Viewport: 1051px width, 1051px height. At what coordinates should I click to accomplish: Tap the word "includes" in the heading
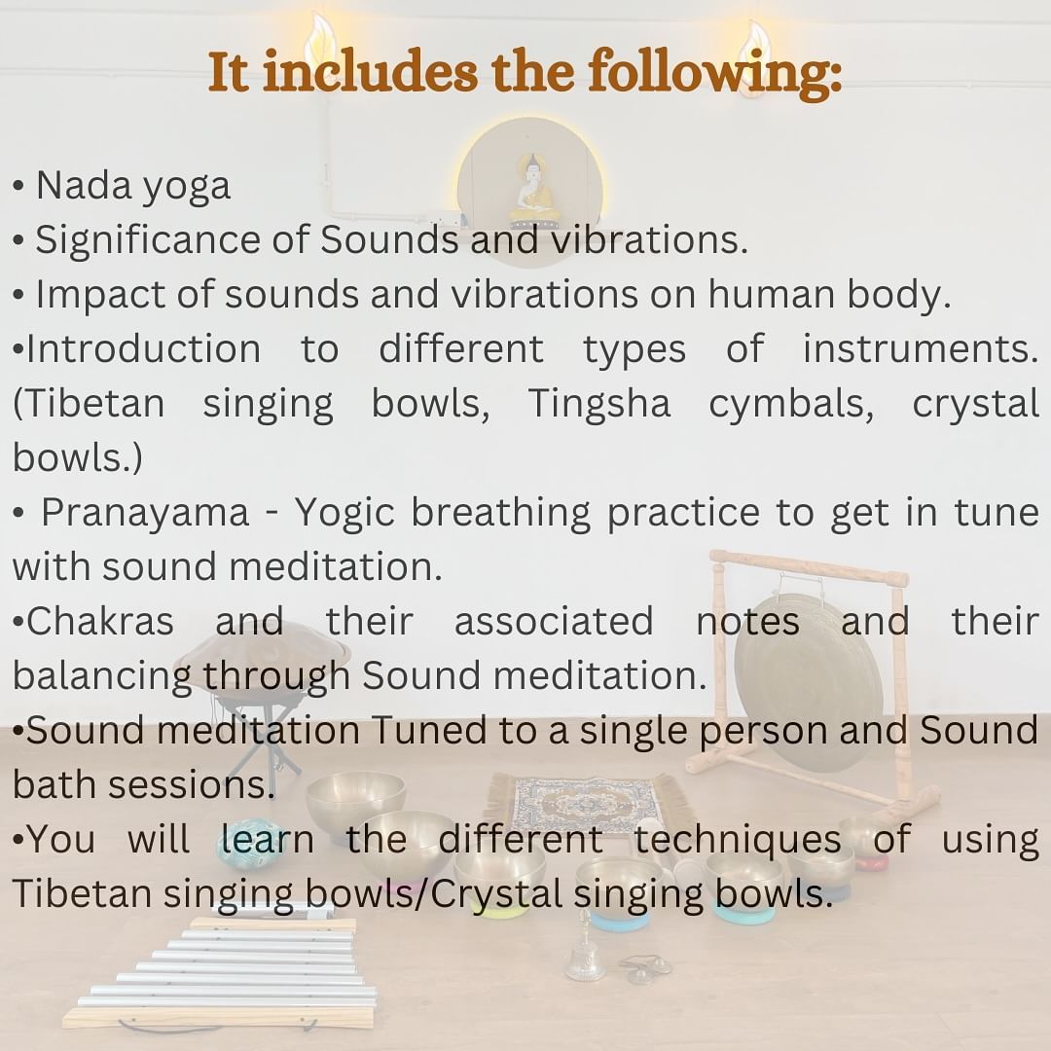pyautogui.click(x=370, y=71)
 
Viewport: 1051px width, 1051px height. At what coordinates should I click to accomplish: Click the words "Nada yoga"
pyautogui.click(x=132, y=186)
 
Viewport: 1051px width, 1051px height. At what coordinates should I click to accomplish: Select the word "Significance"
pyautogui.click(x=148, y=241)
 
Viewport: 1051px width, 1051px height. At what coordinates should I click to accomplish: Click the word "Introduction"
pyautogui.click(x=143, y=349)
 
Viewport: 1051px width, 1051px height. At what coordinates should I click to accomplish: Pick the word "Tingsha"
pyautogui.click(x=599, y=405)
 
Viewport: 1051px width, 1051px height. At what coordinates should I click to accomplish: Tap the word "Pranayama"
pyautogui.click(x=145, y=514)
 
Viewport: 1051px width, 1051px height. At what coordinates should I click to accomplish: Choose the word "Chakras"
pyautogui.click(x=100, y=621)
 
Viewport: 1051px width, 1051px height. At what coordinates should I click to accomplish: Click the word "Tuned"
pyautogui.click(x=428, y=730)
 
